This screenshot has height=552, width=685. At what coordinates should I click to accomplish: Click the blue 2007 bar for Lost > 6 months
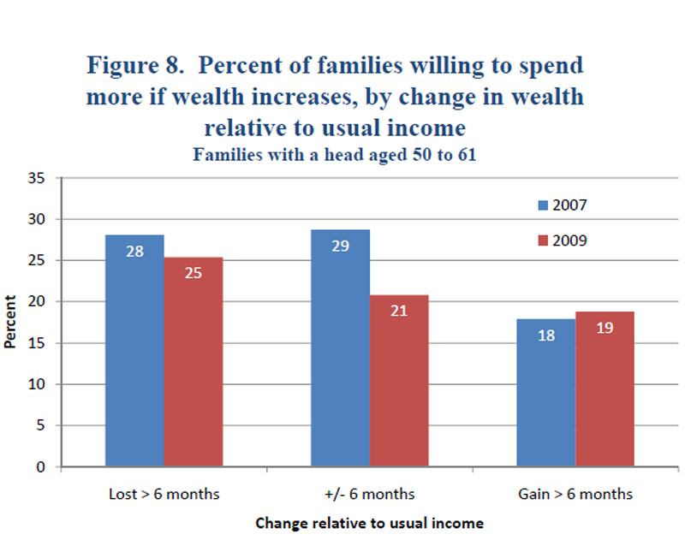(x=136, y=351)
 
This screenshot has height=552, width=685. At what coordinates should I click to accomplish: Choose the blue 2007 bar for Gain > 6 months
(x=546, y=393)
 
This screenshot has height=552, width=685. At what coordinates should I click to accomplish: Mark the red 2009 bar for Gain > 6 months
(x=605, y=389)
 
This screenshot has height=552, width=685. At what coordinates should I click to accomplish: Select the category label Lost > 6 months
(x=164, y=494)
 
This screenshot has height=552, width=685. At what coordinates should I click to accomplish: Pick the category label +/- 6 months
(x=370, y=494)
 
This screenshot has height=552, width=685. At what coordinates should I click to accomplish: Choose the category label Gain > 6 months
(x=575, y=494)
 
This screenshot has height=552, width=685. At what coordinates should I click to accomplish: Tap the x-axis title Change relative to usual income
(x=369, y=523)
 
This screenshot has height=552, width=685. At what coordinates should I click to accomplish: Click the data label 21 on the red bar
(x=398, y=310)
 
